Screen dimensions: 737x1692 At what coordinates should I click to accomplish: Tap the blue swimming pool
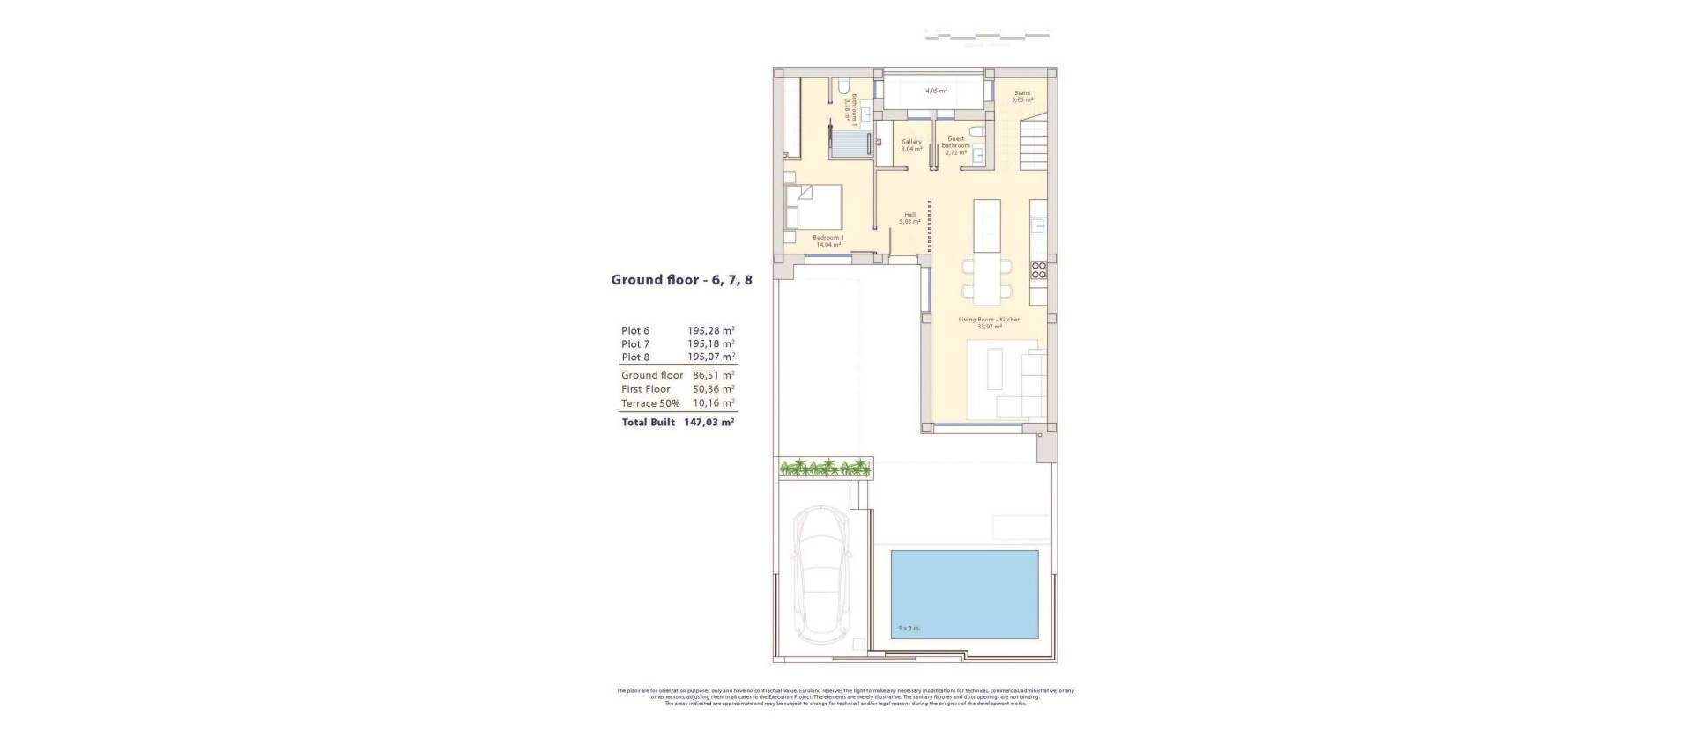click(x=964, y=594)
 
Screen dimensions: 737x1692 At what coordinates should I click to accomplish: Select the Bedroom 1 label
click(x=828, y=240)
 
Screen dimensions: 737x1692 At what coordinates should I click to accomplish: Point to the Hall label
click(x=909, y=218)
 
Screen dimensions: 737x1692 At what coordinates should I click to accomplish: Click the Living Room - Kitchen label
click(x=990, y=322)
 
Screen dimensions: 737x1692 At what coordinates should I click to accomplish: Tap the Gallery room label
click(x=910, y=145)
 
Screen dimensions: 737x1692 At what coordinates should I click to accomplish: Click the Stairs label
click(x=1022, y=96)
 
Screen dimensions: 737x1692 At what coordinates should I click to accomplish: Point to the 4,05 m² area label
click(x=936, y=91)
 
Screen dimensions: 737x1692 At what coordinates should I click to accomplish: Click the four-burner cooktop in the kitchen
click(x=1039, y=270)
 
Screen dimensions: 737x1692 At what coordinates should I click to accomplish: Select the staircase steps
click(x=1035, y=145)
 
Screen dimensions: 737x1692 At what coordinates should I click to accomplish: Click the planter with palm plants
click(x=825, y=468)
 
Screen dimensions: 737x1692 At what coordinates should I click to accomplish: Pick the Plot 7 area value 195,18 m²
click(x=710, y=343)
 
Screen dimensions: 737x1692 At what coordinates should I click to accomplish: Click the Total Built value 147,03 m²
click(x=709, y=423)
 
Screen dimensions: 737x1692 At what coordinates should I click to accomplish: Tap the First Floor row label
click(x=645, y=389)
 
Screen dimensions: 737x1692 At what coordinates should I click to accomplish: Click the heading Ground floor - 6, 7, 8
click(x=681, y=280)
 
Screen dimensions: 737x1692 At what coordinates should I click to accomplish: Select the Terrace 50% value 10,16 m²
click(x=713, y=403)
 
